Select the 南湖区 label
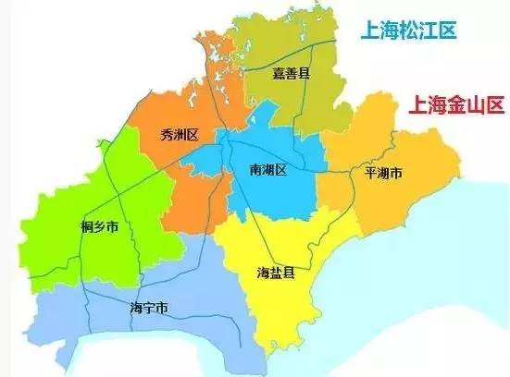click(x=269, y=170)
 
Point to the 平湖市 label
click(x=382, y=173)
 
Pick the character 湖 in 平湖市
click(x=382, y=173)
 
